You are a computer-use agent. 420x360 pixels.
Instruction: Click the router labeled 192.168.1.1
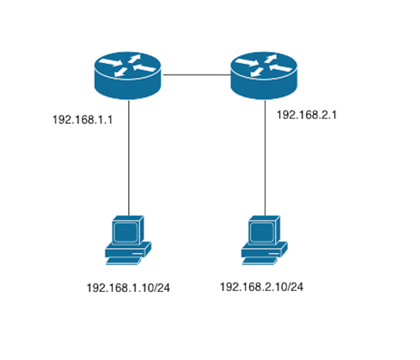[x=128, y=75]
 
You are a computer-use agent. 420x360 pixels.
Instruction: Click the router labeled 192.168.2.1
[x=264, y=75]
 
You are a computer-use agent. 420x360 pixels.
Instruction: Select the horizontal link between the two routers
[x=197, y=75]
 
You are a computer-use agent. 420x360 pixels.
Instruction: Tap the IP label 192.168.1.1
[x=82, y=119]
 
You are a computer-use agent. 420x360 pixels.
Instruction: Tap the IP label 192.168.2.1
[x=306, y=115]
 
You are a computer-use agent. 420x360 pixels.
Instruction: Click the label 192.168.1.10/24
[x=128, y=288]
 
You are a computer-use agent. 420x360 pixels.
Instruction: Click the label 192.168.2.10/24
[x=261, y=287]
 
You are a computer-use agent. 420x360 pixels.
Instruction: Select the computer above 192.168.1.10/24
[x=128, y=240]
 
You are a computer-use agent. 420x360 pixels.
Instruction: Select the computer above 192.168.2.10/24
[x=264, y=240]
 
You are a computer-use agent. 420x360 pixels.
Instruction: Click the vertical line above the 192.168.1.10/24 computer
[x=129, y=158]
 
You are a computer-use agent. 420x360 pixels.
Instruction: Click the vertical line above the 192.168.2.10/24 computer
[x=265, y=158]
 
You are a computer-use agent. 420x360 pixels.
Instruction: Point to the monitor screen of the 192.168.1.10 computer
[x=125, y=232]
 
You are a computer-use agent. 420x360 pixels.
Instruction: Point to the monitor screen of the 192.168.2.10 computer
[x=262, y=232]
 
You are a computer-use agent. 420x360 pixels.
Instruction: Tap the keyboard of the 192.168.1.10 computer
[x=124, y=261]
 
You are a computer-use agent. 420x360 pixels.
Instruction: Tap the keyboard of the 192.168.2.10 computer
[x=260, y=261]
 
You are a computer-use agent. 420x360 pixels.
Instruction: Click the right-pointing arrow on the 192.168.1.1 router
[x=110, y=62]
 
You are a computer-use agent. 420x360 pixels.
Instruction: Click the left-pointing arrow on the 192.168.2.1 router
[x=281, y=67]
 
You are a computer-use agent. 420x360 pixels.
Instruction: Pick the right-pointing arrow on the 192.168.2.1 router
[x=247, y=62]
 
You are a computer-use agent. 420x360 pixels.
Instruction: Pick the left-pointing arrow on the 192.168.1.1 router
[x=144, y=67]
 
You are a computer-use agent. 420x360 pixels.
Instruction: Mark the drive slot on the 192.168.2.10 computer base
[x=273, y=253]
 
